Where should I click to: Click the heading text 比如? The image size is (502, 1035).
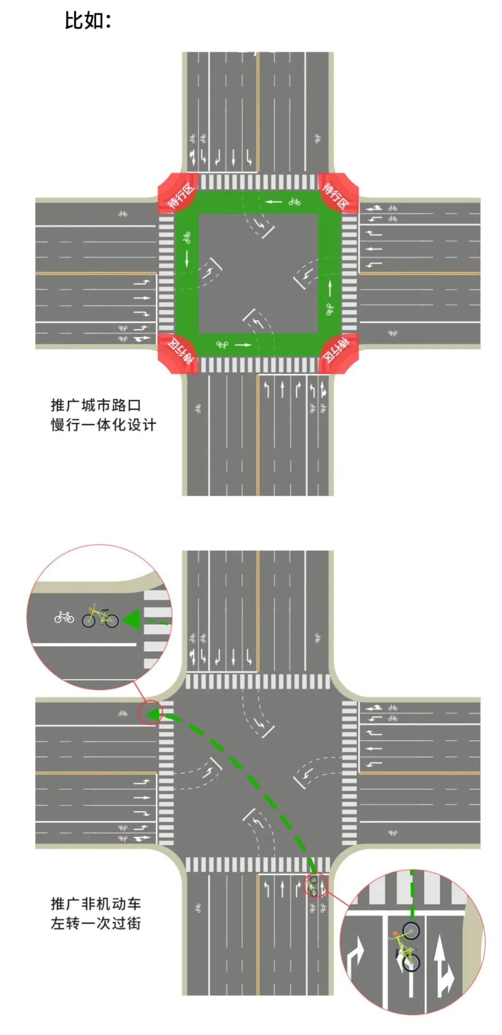(x=88, y=21)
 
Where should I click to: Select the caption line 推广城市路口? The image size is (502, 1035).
(x=96, y=405)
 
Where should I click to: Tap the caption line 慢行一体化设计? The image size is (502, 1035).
(x=103, y=425)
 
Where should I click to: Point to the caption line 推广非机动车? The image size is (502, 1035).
(x=96, y=903)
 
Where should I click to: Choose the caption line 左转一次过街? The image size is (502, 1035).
(x=96, y=923)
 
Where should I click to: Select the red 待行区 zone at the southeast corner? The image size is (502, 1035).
(x=338, y=353)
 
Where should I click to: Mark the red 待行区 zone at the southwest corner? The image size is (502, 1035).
(x=178, y=353)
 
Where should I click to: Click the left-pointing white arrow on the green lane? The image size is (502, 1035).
(x=273, y=202)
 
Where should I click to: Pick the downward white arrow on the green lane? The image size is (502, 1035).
(x=187, y=258)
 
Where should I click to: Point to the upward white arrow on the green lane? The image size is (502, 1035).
(x=329, y=287)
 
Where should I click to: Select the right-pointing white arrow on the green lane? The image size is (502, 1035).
(x=243, y=345)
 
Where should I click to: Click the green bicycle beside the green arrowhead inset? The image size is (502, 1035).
(x=100, y=617)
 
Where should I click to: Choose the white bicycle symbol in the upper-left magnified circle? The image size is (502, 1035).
(x=64, y=617)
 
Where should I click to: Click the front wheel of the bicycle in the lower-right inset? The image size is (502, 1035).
(x=410, y=931)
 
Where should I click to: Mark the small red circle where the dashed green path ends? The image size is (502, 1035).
(x=150, y=712)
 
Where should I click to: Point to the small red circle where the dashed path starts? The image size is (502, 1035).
(x=315, y=884)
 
